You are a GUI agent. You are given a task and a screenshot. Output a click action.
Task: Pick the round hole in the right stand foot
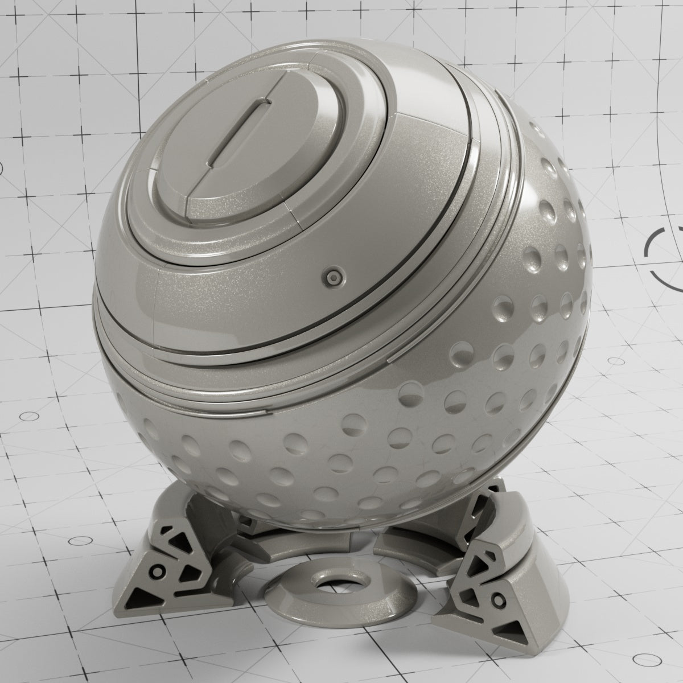pos(499,599)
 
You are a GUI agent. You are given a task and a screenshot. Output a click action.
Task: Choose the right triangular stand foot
pos(495,598)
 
